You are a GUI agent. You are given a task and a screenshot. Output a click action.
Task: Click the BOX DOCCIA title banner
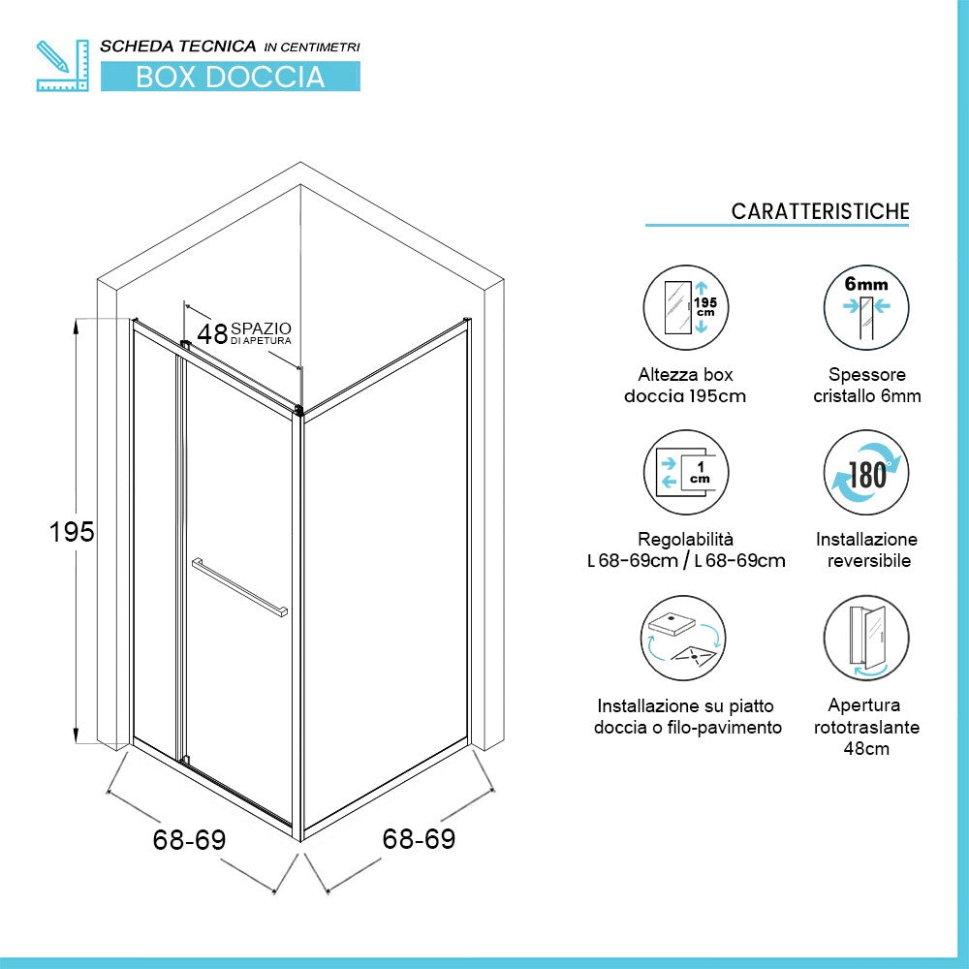231,77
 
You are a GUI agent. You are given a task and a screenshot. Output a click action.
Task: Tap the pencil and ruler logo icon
62,66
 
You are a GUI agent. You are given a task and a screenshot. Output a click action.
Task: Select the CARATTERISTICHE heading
820,211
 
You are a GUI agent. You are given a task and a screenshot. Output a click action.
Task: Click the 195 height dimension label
72,531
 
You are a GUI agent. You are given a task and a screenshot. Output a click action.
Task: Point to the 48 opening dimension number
212,333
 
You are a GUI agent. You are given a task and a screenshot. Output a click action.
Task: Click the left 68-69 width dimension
189,839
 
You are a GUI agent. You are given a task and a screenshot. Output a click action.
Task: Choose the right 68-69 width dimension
419,838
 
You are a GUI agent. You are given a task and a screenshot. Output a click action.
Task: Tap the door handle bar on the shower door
239,587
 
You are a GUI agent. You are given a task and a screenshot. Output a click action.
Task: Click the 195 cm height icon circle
686,307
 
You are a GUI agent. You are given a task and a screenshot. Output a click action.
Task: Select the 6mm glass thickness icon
866,307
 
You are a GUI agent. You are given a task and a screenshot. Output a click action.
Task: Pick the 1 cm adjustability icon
686,472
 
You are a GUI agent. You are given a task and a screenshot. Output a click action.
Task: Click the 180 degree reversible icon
866,472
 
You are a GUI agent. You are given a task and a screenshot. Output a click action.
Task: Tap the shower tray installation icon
683,638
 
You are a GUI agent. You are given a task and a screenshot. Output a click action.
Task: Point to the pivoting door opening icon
866,638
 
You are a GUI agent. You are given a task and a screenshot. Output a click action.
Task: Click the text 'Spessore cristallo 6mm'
867,385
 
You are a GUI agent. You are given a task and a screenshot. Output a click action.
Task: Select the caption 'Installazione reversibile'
866,550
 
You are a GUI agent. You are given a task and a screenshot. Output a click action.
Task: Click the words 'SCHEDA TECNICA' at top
178,47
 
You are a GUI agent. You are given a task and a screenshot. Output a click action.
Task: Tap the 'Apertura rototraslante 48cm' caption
866,727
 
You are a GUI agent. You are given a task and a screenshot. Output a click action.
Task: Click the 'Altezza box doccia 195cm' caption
685,385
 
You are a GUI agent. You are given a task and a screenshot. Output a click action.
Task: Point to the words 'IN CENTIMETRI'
312,47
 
